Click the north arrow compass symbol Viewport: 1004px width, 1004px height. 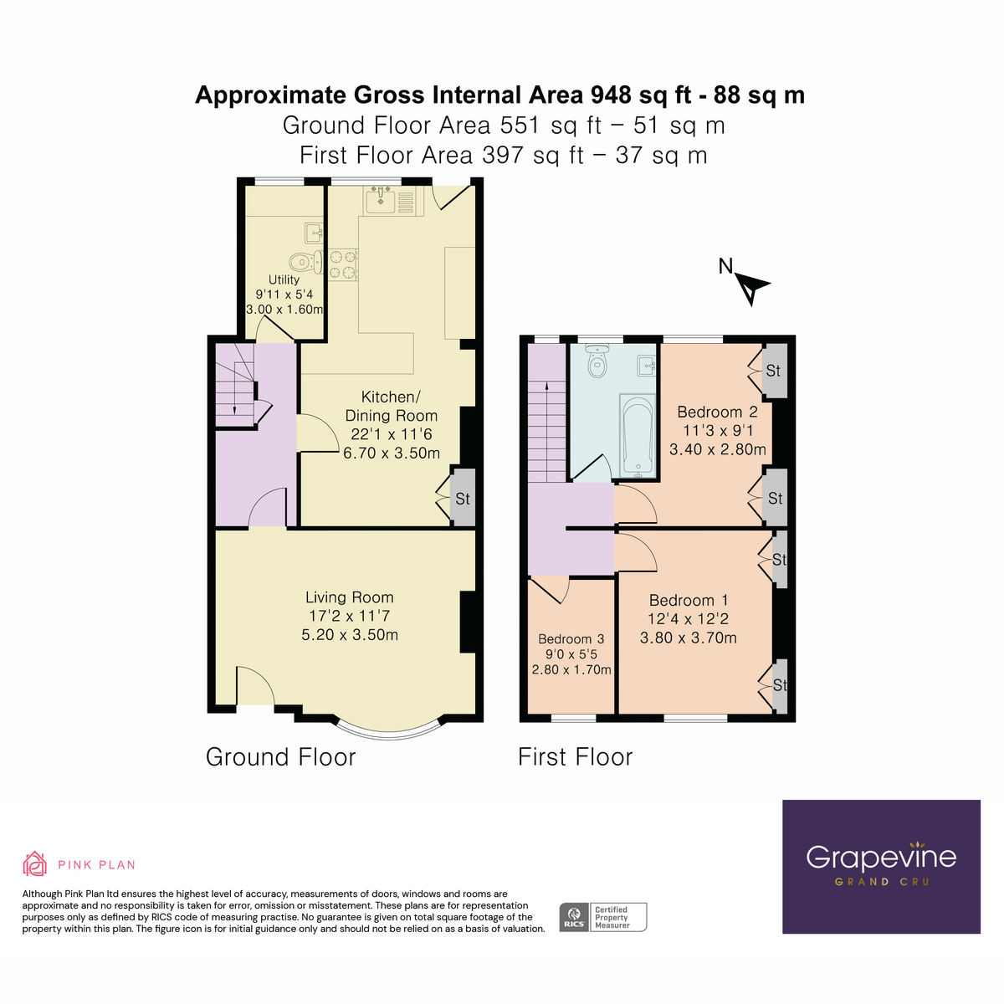[750, 287]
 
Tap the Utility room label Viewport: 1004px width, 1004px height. [284, 279]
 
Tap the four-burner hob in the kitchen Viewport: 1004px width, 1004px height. [342, 264]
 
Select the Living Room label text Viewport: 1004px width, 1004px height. [349, 597]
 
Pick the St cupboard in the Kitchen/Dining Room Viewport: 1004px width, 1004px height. [463, 499]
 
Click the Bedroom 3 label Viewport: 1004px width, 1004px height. [571, 639]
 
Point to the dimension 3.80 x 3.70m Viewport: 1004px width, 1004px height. [688, 638]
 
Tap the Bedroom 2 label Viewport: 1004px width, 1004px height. [717, 412]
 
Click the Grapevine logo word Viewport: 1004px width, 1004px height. [881, 857]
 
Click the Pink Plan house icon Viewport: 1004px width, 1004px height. [34, 863]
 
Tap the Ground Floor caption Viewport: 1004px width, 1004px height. [280, 757]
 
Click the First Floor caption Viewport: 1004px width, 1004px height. [575, 757]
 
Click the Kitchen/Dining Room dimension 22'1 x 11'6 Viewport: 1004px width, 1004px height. [392, 434]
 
